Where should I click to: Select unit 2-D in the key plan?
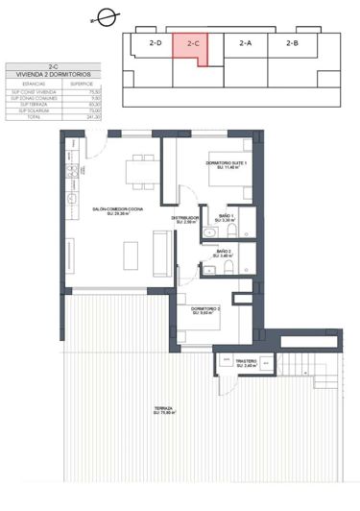tap(155, 43)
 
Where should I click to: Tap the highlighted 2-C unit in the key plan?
tap(193, 44)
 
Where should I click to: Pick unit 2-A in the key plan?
tap(245, 43)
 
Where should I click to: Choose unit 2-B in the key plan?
tap(291, 43)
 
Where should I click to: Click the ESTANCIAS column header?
tap(24, 84)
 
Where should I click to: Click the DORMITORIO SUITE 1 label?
tap(227, 163)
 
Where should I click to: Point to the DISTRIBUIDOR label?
tap(185, 218)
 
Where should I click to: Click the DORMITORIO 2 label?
tap(207, 308)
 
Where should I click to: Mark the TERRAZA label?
tap(163, 410)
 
